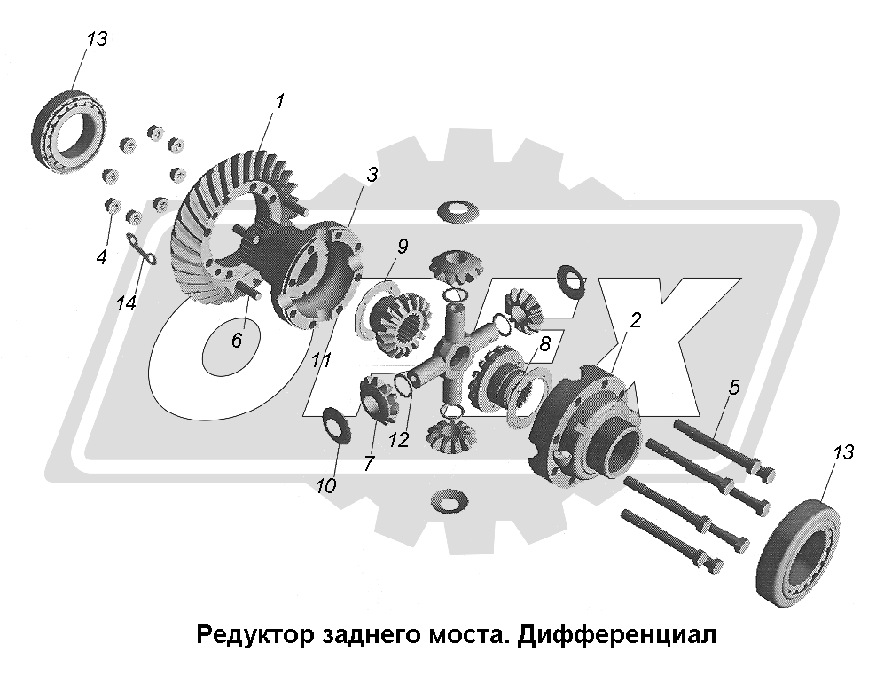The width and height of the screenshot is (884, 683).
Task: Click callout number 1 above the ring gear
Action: point(279,101)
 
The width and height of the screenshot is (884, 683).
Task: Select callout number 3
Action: point(372,176)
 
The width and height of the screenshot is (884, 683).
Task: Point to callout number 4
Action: point(102,257)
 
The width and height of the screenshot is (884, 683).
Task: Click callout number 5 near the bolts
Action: point(733,387)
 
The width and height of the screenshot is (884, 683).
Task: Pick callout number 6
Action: point(236,339)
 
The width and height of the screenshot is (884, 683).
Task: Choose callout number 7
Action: point(369,462)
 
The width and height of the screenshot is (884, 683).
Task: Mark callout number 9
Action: point(403,247)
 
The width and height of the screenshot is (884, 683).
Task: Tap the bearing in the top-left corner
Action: point(70,128)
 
